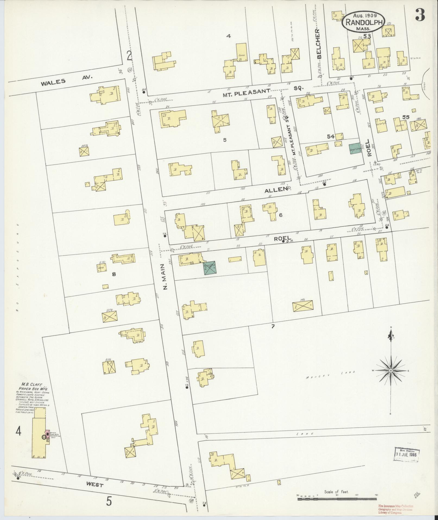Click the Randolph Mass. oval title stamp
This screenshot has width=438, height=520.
(x=362, y=22)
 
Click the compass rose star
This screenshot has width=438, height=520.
(x=390, y=370)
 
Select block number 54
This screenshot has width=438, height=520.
(x=331, y=137)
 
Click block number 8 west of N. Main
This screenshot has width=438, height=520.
(x=114, y=274)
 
